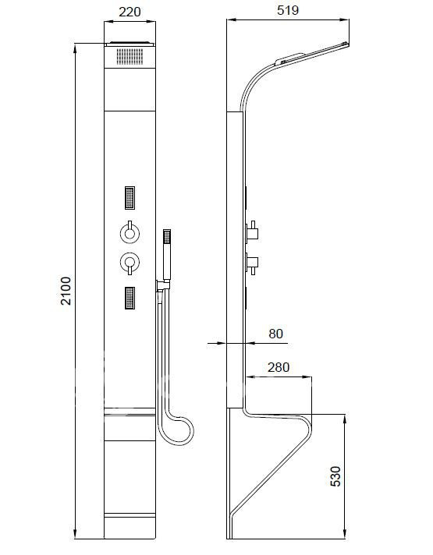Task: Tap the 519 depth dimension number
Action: tap(287, 11)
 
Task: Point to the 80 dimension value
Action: tap(275, 334)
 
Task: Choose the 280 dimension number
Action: tap(279, 367)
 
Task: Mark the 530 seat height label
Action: tap(335, 476)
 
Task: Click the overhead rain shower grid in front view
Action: tap(130, 56)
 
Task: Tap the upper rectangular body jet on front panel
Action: tap(130, 198)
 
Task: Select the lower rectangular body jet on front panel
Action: tap(130, 298)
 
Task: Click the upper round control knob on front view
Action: tap(129, 232)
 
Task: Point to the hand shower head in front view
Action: tap(166, 242)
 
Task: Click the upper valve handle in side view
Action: tap(254, 232)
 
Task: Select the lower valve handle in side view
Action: tap(254, 260)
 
